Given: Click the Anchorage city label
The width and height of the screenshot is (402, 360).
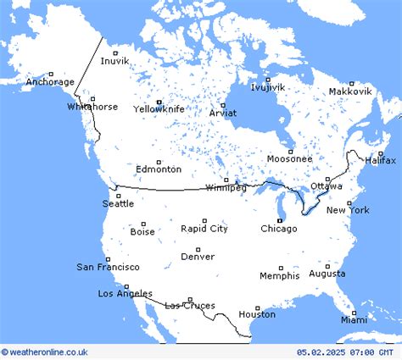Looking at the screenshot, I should [50, 82].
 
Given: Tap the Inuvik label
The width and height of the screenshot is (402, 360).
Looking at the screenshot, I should [114, 60].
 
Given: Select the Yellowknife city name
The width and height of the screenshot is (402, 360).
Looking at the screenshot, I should [159, 108].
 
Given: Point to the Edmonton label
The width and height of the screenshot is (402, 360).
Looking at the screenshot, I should [158, 169].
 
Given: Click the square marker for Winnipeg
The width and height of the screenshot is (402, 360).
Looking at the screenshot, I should [226, 180].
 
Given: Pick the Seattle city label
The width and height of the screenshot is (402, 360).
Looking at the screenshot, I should [118, 203].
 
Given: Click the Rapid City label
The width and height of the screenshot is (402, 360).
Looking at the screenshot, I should [204, 229].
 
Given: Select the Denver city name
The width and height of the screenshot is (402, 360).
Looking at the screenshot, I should [198, 256].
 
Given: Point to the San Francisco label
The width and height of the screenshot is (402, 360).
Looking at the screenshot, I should [108, 267].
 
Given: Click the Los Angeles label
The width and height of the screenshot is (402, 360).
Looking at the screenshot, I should [126, 293].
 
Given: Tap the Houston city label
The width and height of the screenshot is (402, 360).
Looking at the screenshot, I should [257, 314].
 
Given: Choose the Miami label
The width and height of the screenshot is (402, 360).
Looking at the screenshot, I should [354, 319].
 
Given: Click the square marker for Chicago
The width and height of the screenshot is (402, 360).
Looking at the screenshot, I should [279, 221].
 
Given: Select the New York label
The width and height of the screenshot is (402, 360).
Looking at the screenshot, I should [348, 209].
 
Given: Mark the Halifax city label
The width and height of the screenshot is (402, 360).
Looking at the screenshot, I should [381, 160].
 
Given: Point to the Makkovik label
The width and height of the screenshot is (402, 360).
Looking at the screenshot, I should [350, 91].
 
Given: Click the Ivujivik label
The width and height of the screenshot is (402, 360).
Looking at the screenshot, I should [268, 87].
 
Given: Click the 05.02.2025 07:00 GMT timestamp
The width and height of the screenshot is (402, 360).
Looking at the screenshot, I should [345, 352].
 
